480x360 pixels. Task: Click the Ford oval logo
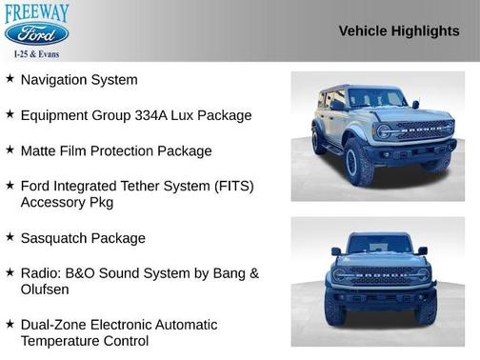(36, 34)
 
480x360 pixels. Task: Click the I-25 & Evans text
(36, 53)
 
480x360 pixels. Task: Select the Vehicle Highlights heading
(399, 30)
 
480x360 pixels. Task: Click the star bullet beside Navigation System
(10, 79)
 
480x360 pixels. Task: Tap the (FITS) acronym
(231, 186)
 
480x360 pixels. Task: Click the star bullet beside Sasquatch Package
(10, 237)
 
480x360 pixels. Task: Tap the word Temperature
(63, 340)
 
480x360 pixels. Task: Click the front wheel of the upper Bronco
(359, 163)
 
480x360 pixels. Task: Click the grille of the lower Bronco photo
(378, 277)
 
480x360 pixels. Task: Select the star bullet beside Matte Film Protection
(10, 150)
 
